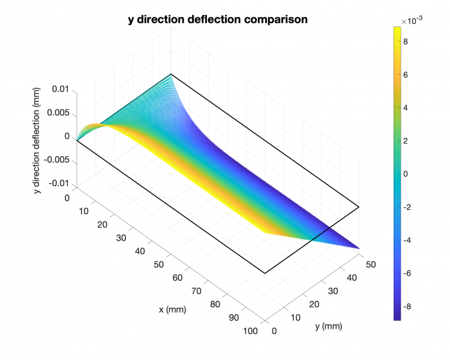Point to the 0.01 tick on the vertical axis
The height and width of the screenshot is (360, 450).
(62, 89)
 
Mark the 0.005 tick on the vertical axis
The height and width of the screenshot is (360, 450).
(59, 113)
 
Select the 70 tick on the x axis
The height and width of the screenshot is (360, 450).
(196, 290)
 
